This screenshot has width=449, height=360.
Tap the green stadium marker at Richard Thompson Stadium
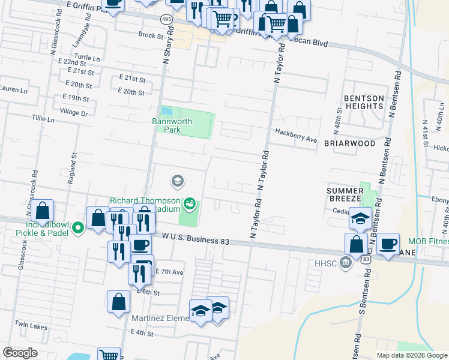[x=190, y=204]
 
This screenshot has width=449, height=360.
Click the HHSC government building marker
[x=345, y=262]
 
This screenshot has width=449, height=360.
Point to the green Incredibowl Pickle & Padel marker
[x=77, y=227]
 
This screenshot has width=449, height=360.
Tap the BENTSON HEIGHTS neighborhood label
[x=363, y=101]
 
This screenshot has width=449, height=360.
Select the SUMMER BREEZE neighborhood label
[x=345, y=194]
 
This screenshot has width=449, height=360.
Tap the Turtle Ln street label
[x=88, y=57]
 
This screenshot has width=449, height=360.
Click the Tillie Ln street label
[x=43, y=119]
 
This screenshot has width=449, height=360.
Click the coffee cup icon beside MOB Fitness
[x=388, y=243]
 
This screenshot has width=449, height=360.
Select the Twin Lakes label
[x=30, y=325]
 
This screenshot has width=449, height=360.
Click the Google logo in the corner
[x=20, y=353]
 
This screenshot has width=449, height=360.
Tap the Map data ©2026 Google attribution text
[x=411, y=355]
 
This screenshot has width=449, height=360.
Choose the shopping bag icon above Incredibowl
[x=42, y=211]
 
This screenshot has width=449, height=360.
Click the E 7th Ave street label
[x=169, y=272]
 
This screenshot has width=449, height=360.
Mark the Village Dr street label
[x=74, y=112]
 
